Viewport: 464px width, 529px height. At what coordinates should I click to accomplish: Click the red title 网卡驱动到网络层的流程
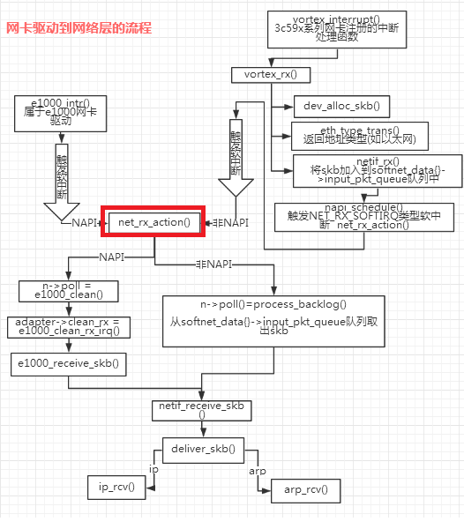[x=79, y=28]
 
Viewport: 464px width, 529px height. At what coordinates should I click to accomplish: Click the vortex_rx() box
[x=265, y=75]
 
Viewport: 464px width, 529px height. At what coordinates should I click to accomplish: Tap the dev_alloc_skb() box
[x=341, y=106]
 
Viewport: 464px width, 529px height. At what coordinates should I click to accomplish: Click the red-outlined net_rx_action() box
[x=154, y=223]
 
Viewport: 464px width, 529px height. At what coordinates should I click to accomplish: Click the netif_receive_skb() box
[x=202, y=410]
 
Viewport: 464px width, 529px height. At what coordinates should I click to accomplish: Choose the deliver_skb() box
[x=202, y=449]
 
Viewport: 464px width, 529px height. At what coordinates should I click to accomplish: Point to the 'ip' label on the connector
[x=153, y=469]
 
